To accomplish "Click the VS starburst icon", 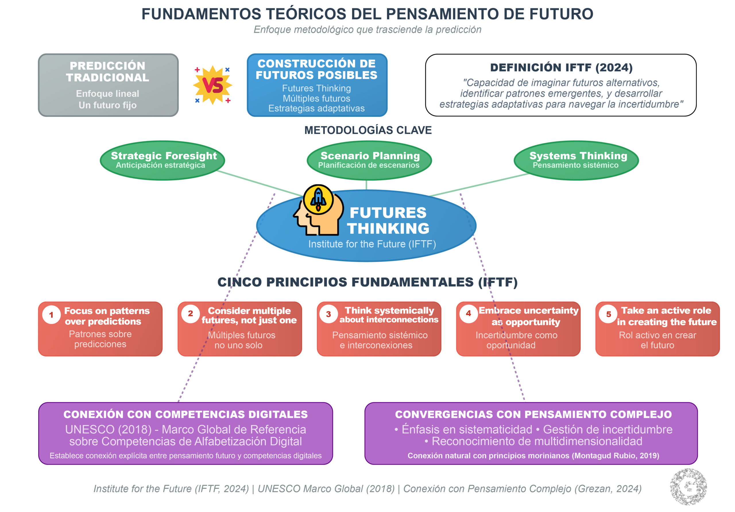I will pyautogui.click(x=212, y=85).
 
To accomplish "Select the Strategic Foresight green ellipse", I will pyautogui.click(x=162, y=160).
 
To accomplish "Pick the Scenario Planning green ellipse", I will pyautogui.click(x=369, y=160).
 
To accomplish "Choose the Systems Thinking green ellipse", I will pyautogui.click(x=576, y=160).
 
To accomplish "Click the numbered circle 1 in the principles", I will pyautogui.click(x=51, y=315).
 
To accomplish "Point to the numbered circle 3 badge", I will pyautogui.click(x=328, y=314).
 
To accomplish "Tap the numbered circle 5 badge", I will pyautogui.click(x=608, y=314).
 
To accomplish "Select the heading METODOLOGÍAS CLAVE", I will pyautogui.click(x=368, y=130).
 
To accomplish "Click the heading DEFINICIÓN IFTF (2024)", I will pyautogui.click(x=561, y=67).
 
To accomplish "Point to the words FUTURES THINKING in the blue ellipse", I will pyautogui.click(x=388, y=220).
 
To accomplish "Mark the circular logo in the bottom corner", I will pyautogui.click(x=688, y=486).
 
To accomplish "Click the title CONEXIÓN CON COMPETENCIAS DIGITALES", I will pyautogui.click(x=185, y=414).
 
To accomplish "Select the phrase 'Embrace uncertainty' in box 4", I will pyautogui.click(x=528, y=311).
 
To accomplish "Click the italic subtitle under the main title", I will pyautogui.click(x=367, y=30).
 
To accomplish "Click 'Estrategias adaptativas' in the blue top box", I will pyautogui.click(x=316, y=108).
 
